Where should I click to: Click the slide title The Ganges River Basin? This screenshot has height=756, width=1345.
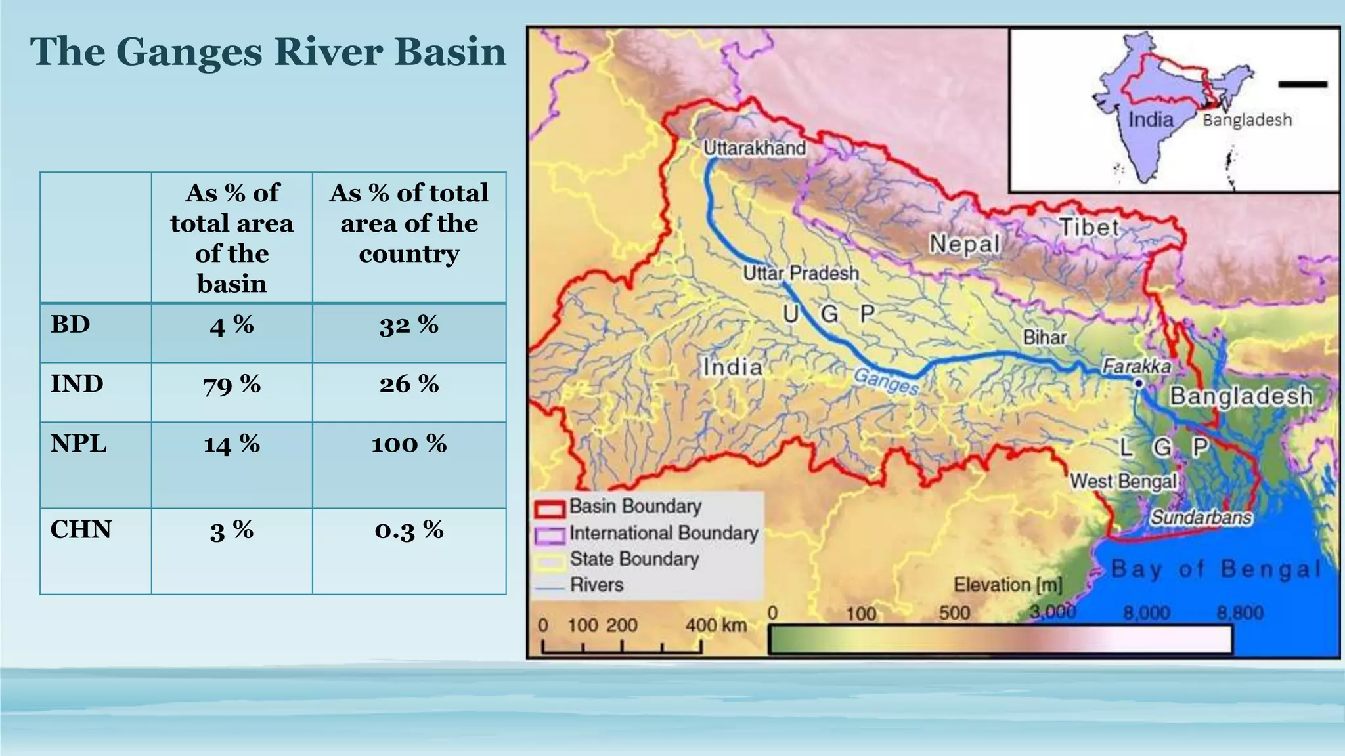click(268, 52)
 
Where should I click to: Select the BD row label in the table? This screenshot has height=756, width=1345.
click(70, 324)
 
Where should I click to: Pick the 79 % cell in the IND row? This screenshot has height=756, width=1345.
click(232, 385)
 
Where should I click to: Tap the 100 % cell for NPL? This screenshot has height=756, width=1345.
click(408, 444)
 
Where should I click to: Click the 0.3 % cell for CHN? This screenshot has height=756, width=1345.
click(408, 530)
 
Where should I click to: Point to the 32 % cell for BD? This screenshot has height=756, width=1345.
click(408, 325)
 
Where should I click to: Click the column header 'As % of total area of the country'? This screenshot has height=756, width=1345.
click(408, 223)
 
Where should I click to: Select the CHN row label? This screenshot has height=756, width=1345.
click(81, 530)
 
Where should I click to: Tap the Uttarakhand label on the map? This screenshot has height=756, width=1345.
click(754, 148)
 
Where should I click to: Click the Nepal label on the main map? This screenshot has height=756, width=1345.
click(964, 244)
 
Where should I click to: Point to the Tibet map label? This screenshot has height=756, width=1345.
click(1089, 228)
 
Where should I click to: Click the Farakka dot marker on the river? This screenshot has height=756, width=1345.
click(1139, 383)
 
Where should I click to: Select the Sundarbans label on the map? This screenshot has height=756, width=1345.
click(1201, 518)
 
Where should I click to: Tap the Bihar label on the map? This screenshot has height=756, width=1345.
click(1044, 337)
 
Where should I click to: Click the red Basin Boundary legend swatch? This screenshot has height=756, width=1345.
click(550, 509)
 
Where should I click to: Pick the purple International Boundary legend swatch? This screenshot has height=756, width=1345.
click(550, 535)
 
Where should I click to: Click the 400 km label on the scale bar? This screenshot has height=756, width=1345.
click(716, 625)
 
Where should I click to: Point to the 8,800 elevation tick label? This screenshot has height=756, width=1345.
click(1240, 613)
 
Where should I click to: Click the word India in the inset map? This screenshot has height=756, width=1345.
click(1151, 119)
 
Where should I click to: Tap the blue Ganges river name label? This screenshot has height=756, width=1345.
click(887, 381)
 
